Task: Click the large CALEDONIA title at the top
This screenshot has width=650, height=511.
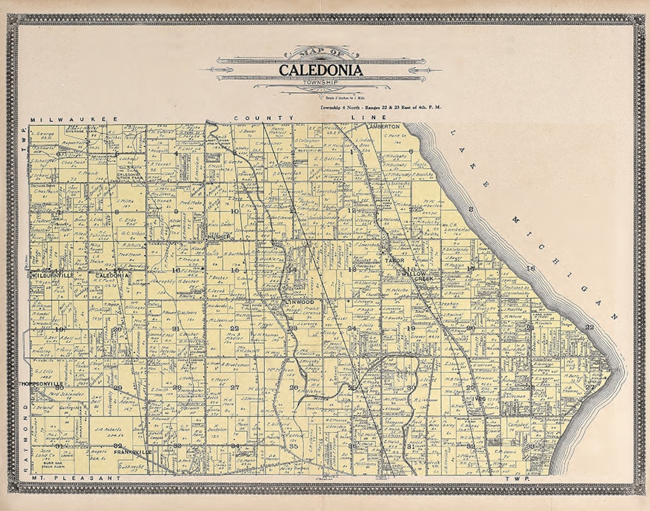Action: (320, 70)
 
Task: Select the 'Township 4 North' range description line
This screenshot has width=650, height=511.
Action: (380, 107)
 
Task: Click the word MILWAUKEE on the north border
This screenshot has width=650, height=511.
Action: (67, 120)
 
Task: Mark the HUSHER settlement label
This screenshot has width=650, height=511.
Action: (219, 237)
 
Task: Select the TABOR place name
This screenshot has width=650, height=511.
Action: (395, 260)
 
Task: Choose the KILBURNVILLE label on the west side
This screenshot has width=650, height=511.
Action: (52, 275)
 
